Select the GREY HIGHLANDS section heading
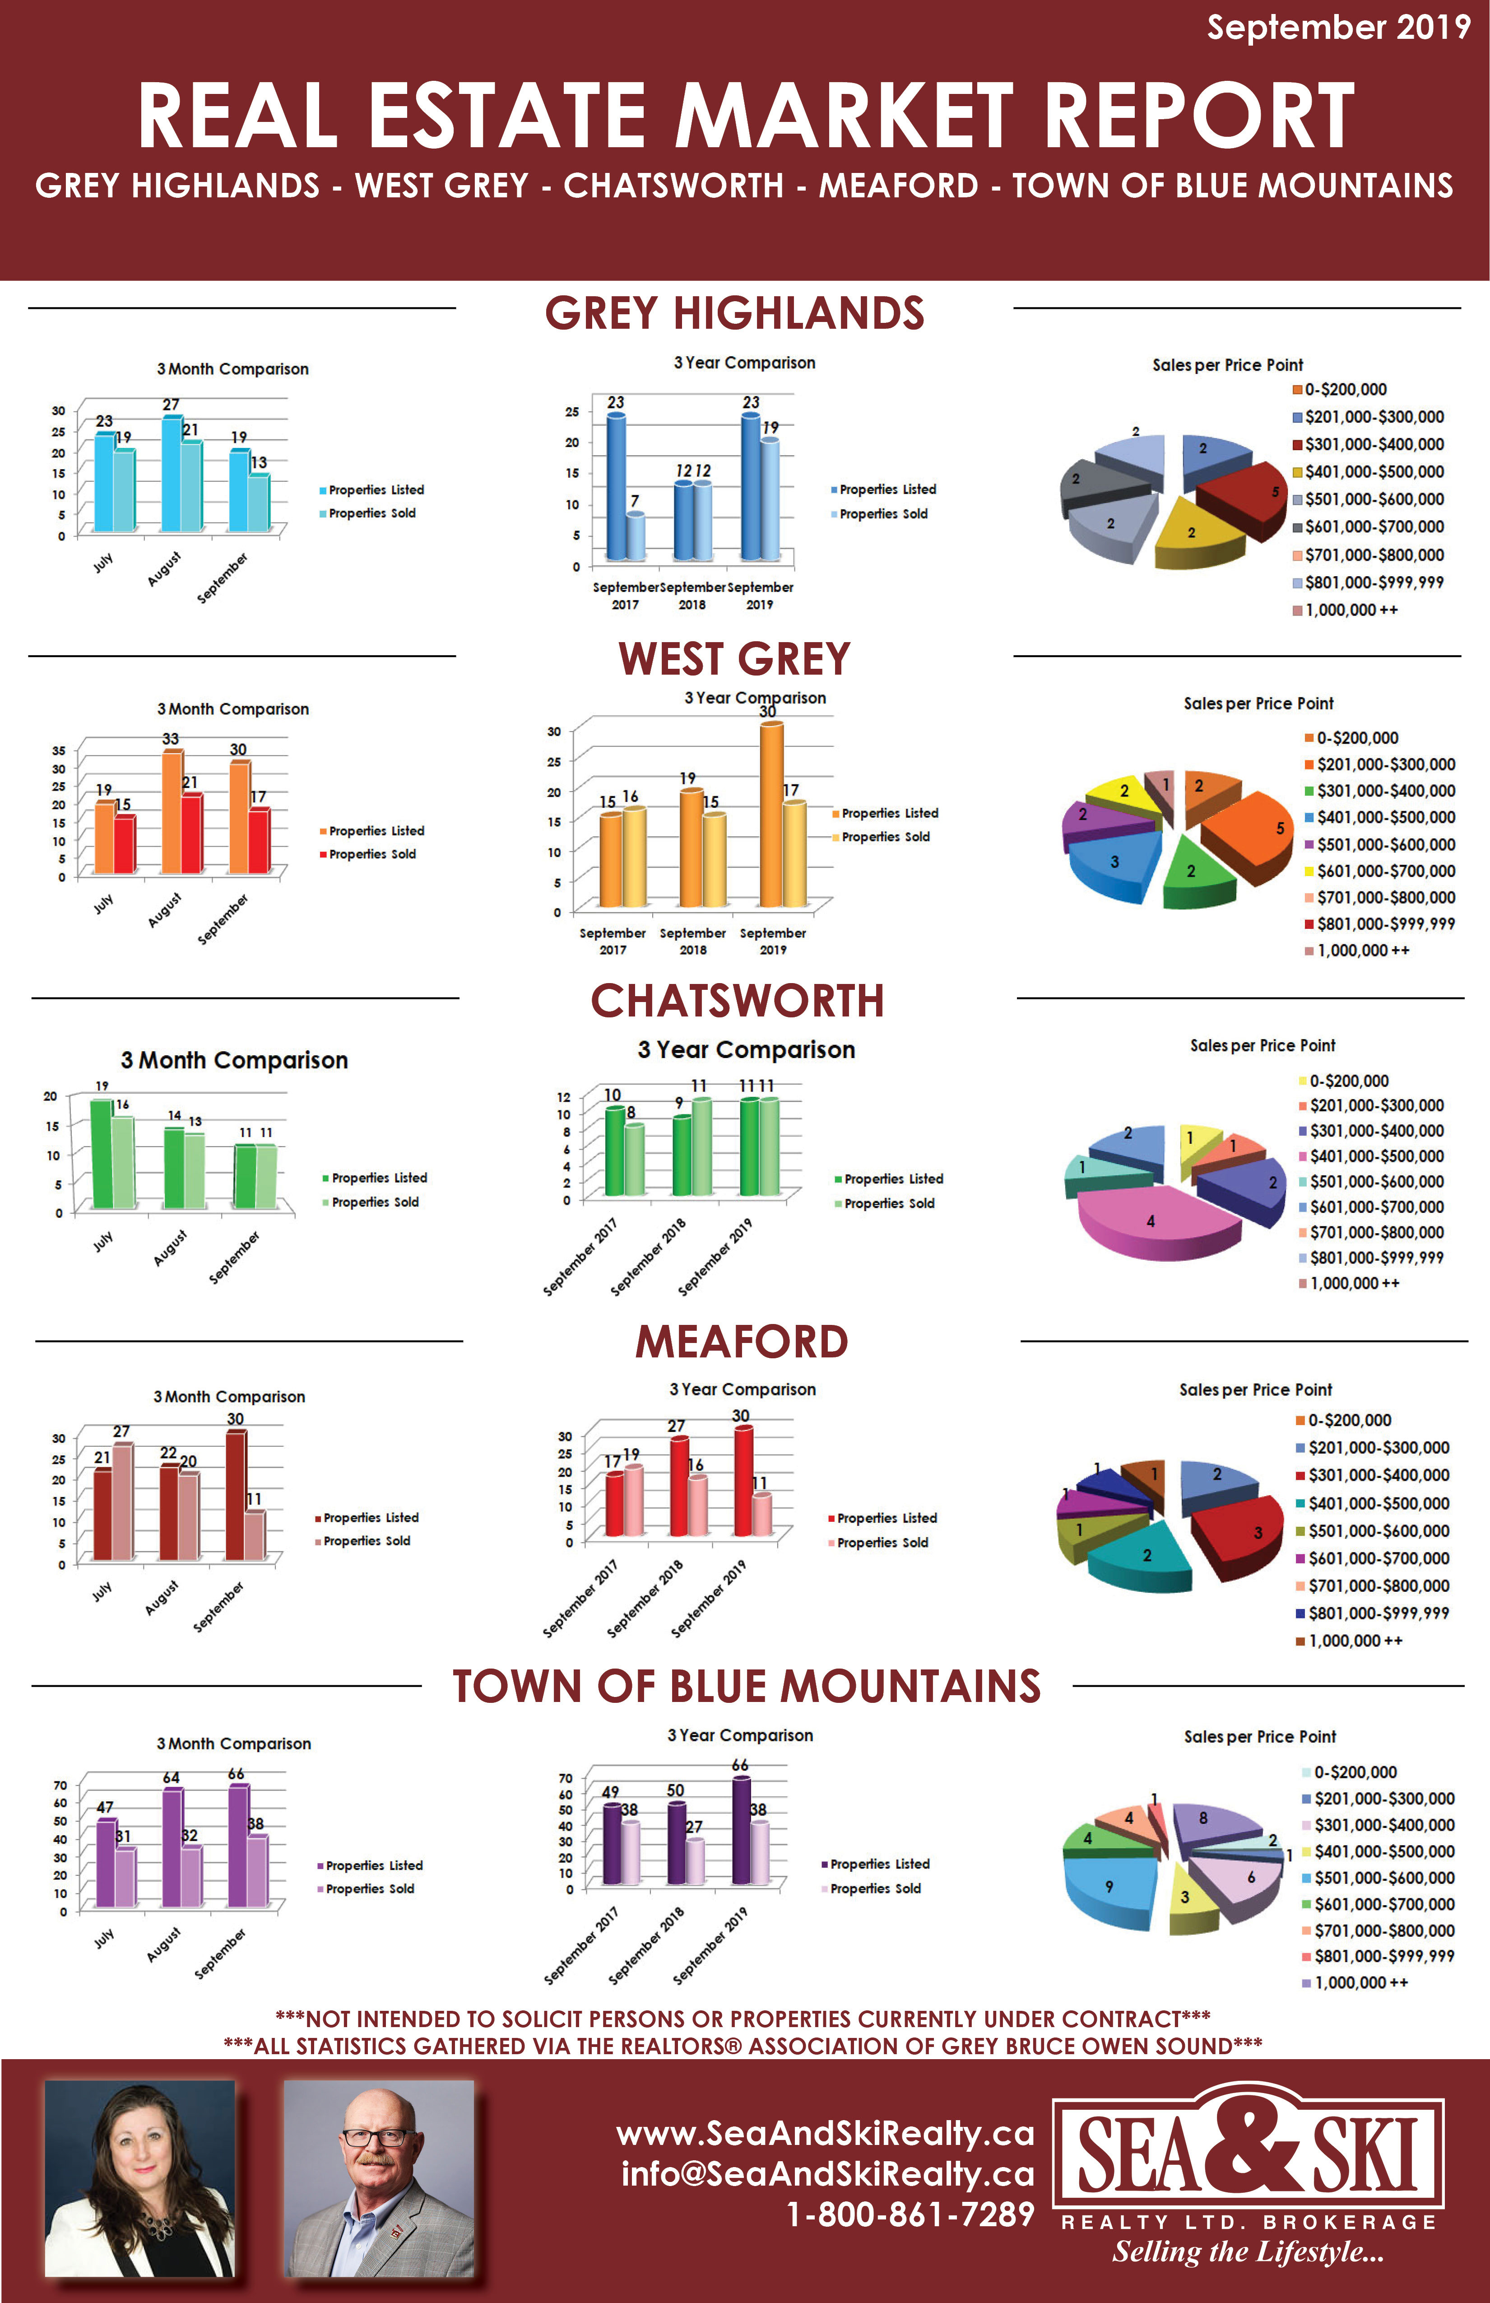coord(734,313)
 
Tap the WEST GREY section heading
coord(734,659)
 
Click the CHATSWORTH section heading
coord(737,1001)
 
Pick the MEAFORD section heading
coord(741,1342)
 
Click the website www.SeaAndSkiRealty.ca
coord(824,2134)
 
